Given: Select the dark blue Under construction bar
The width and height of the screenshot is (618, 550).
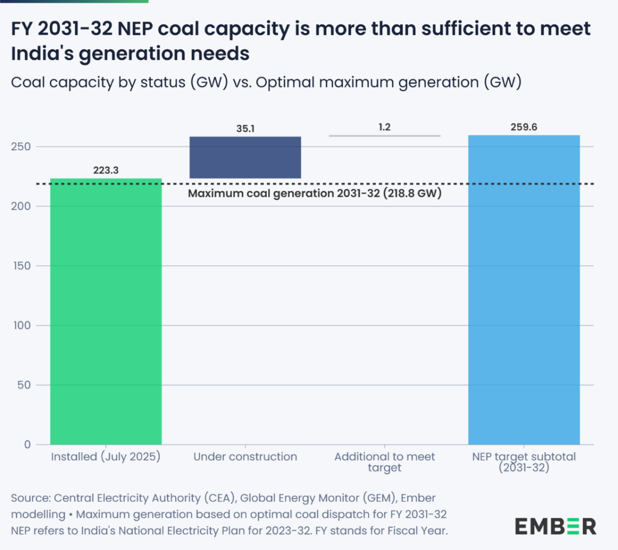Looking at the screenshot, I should [245, 157].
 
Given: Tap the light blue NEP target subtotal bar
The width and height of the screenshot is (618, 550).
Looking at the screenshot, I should [524, 290].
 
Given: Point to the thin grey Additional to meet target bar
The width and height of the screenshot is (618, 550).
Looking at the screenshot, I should [384, 136].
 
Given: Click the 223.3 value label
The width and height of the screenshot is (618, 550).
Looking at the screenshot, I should [106, 170].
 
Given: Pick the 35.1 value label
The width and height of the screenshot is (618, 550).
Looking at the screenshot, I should [245, 129].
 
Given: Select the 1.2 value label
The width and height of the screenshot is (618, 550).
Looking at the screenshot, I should [384, 127].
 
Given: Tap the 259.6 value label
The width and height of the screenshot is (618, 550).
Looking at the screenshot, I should [524, 127].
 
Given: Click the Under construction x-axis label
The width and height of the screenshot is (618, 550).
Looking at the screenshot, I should [245, 457].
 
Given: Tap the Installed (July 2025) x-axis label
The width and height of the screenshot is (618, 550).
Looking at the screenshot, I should [106, 457].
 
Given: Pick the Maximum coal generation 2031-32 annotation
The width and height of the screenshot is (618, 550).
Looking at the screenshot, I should [314, 193].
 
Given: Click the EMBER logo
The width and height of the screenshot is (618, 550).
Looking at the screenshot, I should [556, 526].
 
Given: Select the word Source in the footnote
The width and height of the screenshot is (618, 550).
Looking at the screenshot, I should [30, 498].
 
